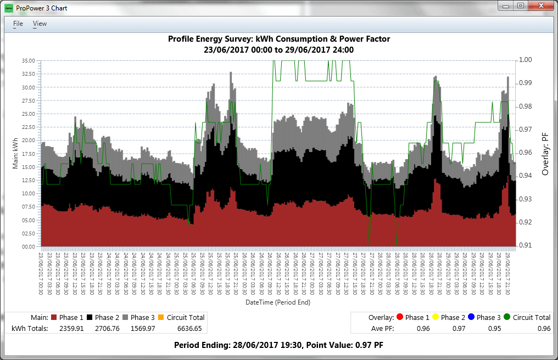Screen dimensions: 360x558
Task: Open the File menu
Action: point(18,24)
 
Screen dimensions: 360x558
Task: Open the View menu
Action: point(40,24)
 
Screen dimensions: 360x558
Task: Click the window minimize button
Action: point(505,5)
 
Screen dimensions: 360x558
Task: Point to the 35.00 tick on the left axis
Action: point(28,60)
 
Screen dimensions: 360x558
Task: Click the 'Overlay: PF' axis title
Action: point(545,153)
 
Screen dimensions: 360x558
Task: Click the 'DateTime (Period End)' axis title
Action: point(279,302)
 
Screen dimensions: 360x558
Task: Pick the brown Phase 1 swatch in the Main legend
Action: point(54,317)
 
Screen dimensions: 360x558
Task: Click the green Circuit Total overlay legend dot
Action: point(506,317)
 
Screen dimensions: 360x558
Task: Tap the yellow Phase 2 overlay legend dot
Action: point(434,317)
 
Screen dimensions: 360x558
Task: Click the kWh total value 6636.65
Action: point(189,328)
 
